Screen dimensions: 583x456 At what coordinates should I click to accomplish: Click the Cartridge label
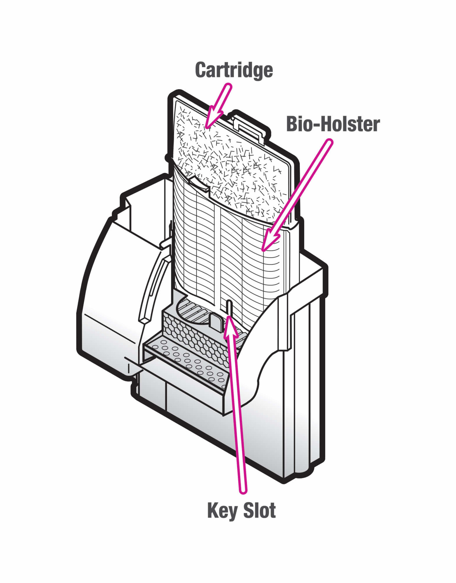coord(234,70)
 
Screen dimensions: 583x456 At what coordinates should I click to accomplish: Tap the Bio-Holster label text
coord(333,124)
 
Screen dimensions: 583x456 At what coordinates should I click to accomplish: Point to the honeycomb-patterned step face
coord(194,336)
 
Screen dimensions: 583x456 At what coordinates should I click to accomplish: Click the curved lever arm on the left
coord(152,288)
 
